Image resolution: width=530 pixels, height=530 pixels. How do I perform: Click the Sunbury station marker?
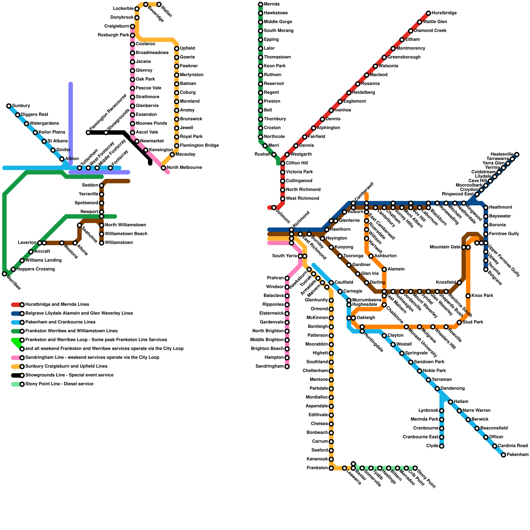(x=9, y=106)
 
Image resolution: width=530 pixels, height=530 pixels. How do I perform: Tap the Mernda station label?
(x=272, y=4)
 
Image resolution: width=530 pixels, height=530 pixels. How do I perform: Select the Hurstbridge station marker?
(x=428, y=13)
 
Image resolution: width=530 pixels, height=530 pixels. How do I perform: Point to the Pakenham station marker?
(x=503, y=455)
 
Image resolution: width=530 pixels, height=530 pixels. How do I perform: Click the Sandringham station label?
(x=270, y=366)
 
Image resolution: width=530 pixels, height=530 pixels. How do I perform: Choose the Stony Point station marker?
(x=415, y=468)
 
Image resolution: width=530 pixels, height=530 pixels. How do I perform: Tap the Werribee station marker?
(x=4, y=274)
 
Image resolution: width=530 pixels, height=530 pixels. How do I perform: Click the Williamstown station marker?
(x=102, y=243)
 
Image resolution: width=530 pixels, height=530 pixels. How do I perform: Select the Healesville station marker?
(x=517, y=154)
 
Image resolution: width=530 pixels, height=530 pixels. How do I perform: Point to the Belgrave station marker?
(x=486, y=269)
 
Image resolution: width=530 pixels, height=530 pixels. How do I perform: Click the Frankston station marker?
(x=331, y=468)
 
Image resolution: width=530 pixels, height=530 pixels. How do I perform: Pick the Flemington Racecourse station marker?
(x=88, y=132)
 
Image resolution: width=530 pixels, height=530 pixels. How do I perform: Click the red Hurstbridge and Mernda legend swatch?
(x=16, y=305)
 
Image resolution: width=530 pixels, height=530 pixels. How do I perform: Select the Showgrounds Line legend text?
(x=69, y=375)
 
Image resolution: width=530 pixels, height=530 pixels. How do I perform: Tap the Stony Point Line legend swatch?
(x=16, y=384)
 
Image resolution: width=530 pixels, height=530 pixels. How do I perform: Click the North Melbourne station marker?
(x=163, y=168)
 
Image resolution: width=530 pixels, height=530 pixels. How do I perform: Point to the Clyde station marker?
(x=442, y=446)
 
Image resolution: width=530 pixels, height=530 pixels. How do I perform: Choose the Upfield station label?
(x=187, y=48)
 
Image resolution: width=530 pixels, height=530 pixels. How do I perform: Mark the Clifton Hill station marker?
(x=283, y=163)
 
